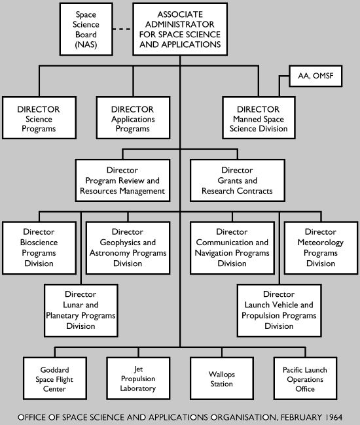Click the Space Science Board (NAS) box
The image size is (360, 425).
(x=87, y=29)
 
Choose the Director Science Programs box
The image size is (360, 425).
(x=37, y=119)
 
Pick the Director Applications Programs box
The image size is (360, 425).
(x=133, y=119)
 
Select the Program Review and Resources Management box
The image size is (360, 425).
(x=123, y=180)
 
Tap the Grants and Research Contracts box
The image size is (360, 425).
(x=237, y=180)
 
